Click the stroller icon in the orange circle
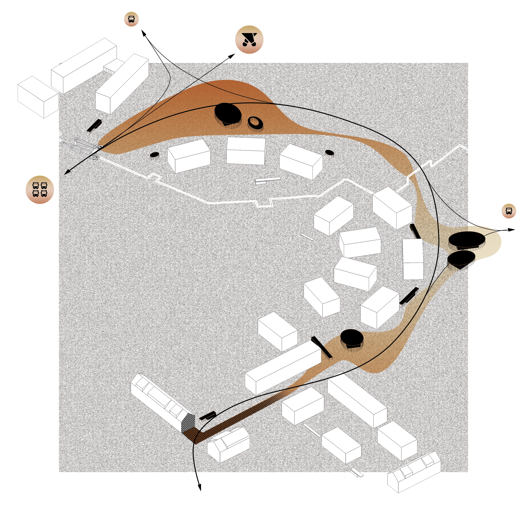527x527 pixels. click(249, 39)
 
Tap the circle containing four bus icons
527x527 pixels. click(39, 190)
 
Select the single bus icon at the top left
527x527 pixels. click(131, 19)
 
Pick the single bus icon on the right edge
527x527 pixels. click(509, 211)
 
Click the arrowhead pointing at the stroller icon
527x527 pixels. click(232, 56)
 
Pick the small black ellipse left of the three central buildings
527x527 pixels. click(154, 155)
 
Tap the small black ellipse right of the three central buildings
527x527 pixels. click(329, 152)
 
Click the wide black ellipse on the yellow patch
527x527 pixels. click(467, 239)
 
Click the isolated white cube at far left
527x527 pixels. click(38, 97)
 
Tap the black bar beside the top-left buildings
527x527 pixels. click(94, 125)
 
